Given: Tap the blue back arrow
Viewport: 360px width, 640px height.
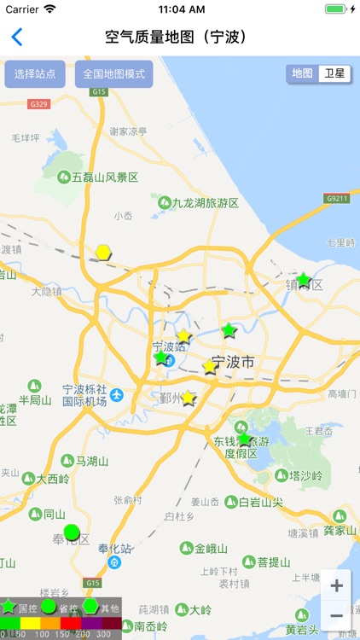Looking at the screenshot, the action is click(16, 38).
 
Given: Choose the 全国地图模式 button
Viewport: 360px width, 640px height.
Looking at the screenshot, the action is click(113, 74).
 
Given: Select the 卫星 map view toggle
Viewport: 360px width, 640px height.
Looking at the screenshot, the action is click(334, 73).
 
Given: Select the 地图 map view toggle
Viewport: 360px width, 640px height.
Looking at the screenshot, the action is click(302, 73).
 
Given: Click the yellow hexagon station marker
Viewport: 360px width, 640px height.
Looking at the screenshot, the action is click(103, 252).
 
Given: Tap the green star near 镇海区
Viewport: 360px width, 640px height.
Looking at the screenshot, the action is click(303, 280).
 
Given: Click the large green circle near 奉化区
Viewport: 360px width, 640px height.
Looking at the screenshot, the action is click(72, 532).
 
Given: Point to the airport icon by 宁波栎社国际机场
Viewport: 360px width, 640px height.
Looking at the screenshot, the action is click(117, 395).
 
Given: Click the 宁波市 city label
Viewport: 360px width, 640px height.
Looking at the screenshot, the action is click(232, 363).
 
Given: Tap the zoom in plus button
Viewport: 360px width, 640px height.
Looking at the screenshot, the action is click(336, 585).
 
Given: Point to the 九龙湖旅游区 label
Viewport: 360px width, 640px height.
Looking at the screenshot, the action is click(205, 203).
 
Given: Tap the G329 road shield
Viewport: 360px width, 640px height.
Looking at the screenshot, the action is click(38, 104).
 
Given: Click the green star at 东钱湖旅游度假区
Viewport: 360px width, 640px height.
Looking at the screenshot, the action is click(245, 439).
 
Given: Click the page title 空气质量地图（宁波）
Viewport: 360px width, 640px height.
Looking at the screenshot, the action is click(176, 38).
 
